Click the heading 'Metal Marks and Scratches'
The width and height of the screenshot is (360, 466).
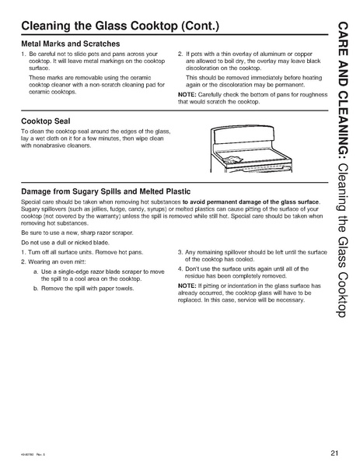coord(71,44)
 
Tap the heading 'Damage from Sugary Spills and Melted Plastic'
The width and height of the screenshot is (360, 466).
coord(107,190)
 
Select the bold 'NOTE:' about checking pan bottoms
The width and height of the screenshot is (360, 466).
coord(189,95)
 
